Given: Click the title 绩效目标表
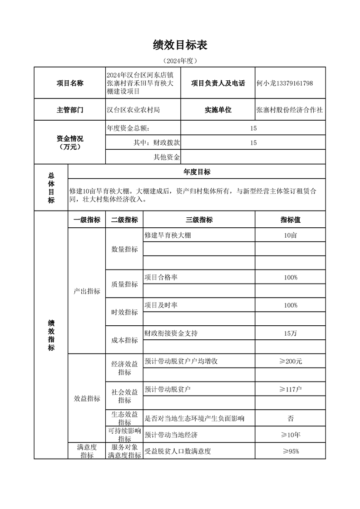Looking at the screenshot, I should [x=180, y=44].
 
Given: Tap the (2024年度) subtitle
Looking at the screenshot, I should [x=180, y=60].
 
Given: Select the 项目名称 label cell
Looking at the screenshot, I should [x=69, y=83].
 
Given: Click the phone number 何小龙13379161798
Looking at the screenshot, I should [x=285, y=83].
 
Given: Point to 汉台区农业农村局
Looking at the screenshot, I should [x=133, y=110].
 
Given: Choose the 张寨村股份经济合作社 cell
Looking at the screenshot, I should [x=290, y=110].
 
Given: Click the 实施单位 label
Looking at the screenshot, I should [x=218, y=110].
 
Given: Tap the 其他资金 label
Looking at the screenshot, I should [x=167, y=157].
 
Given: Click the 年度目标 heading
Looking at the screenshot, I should [x=197, y=172].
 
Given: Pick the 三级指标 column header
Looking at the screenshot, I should [x=199, y=220].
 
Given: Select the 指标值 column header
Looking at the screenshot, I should [x=290, y=220].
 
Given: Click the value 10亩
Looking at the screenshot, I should [x=290, y=235].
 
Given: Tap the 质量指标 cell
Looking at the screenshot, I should [x=124, y=284].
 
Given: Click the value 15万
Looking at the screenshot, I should [x=290, y=333].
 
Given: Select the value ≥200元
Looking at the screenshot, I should [x=290, y=361].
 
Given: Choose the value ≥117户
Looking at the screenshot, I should [x=290, y=389].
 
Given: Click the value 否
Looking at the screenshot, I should [x=290, y=418].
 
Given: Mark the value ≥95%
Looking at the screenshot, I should [x=290, y=451].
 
